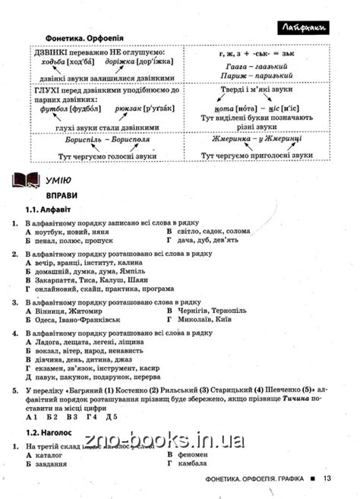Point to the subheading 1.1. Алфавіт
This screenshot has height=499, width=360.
tap(50, 210)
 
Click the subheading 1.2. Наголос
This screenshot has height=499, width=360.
tap(52, 434)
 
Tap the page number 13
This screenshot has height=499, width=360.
tap(327, 478)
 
